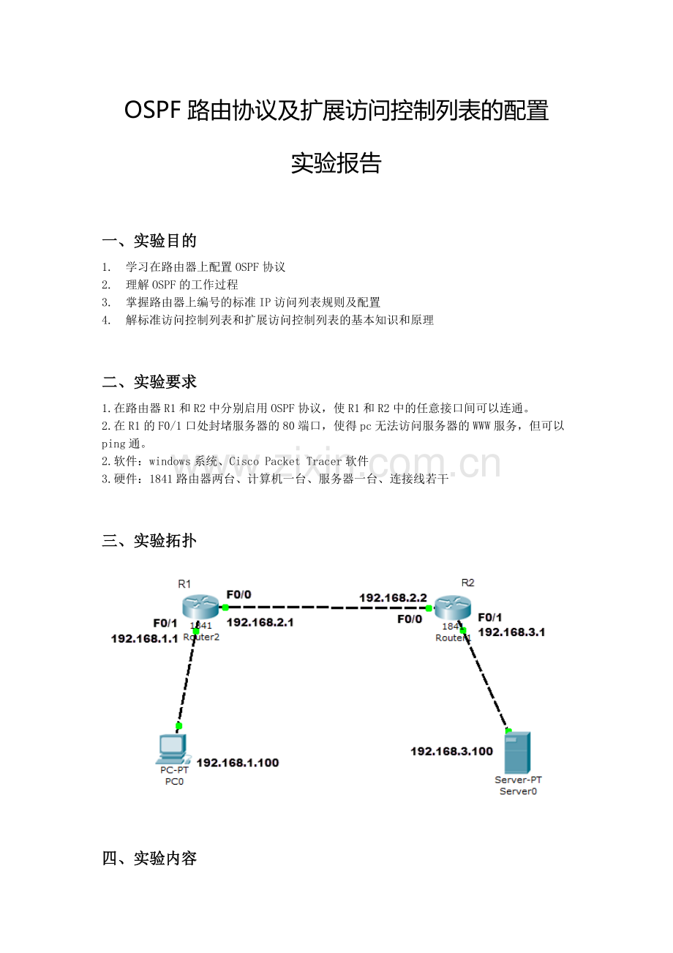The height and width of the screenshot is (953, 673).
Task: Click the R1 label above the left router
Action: tap(184, 584)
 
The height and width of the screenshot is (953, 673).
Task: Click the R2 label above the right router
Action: tap(467, 583)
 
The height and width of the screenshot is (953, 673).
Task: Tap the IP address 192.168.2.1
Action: tap(260, 622)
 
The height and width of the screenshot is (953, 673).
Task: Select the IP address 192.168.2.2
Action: tap(393, 598)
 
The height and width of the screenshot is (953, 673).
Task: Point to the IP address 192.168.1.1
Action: tap(145, 638)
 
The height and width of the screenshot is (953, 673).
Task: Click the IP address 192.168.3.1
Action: tap(511, 632)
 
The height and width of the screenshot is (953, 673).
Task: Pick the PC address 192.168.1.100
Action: tap(238, 763)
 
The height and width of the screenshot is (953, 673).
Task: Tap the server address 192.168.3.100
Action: tap(451, 751)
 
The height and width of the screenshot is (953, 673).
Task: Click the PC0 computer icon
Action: tap(173, 750)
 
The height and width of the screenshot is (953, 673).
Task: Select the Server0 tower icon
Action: tap(517, 752)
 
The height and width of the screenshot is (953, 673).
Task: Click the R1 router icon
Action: tap(200, 607)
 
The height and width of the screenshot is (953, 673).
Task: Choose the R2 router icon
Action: tap(453, 608)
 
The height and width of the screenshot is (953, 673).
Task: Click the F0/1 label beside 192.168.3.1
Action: tap(490, 617)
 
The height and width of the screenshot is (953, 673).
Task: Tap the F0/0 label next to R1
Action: tap(239, 594)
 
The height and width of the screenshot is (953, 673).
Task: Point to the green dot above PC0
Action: tap(179, 726)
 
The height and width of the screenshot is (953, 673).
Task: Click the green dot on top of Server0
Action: tap(508, 731)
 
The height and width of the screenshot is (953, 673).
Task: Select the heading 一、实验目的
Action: tap(149, 241)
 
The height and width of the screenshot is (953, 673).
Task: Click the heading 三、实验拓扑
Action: tap(149, 540)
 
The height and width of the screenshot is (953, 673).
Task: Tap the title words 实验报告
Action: tap(336, 163)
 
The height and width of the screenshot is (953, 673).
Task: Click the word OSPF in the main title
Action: tap(153, 111)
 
